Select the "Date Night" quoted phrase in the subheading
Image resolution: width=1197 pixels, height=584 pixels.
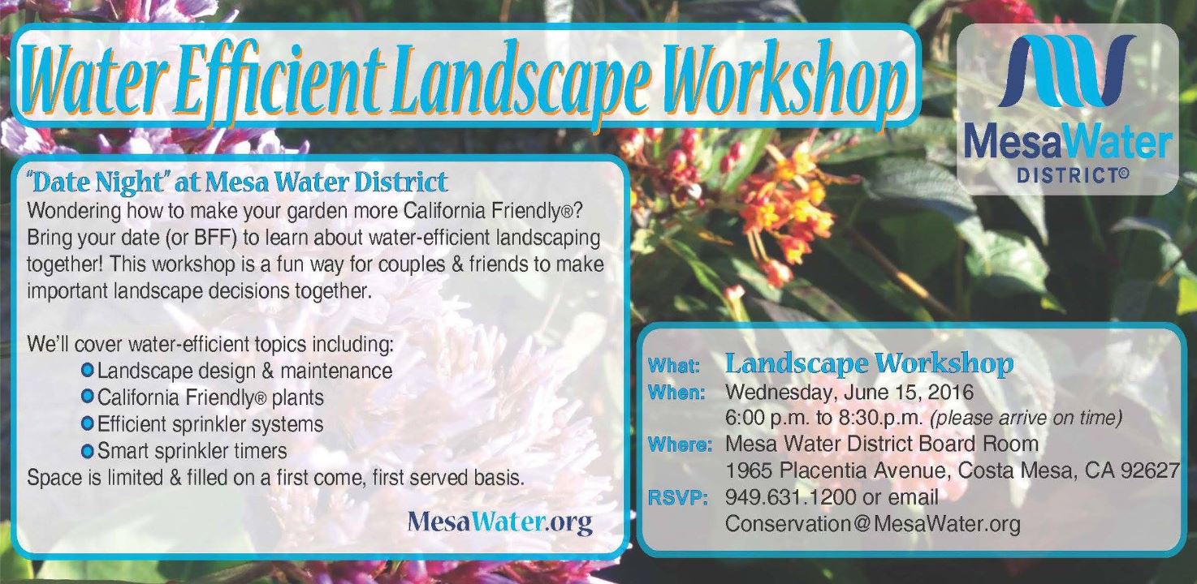(96, 182)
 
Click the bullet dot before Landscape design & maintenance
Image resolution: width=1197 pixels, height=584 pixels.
(88, 369)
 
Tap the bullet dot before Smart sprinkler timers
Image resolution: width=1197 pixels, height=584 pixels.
(88, 451)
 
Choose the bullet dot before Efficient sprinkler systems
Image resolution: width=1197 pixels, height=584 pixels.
(88, 424)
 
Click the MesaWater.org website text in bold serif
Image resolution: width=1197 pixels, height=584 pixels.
(499, 522)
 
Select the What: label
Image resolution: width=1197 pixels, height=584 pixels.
(673, 366)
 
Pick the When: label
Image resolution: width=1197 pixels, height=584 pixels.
(676, 393)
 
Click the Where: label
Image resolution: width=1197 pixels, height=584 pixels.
(680, 444)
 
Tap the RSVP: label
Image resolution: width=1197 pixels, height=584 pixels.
(677, 498)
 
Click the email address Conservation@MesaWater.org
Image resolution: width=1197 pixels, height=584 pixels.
(873, 524)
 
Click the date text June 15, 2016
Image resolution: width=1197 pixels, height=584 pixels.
(909, 393)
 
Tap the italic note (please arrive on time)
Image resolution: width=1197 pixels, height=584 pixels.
(1026, 418)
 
